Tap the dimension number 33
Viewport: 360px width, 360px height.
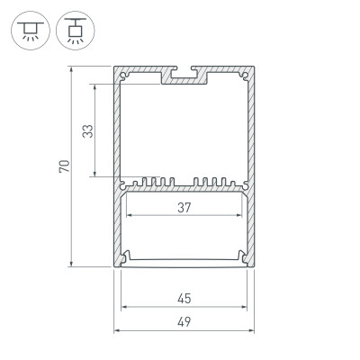(87, 131)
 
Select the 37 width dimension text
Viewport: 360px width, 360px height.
(185, 208)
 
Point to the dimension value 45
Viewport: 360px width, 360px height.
(185, 298)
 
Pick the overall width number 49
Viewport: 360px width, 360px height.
(185, 321)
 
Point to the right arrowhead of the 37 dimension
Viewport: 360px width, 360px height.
(243, 217)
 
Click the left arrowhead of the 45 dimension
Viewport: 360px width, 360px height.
(124, 307)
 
